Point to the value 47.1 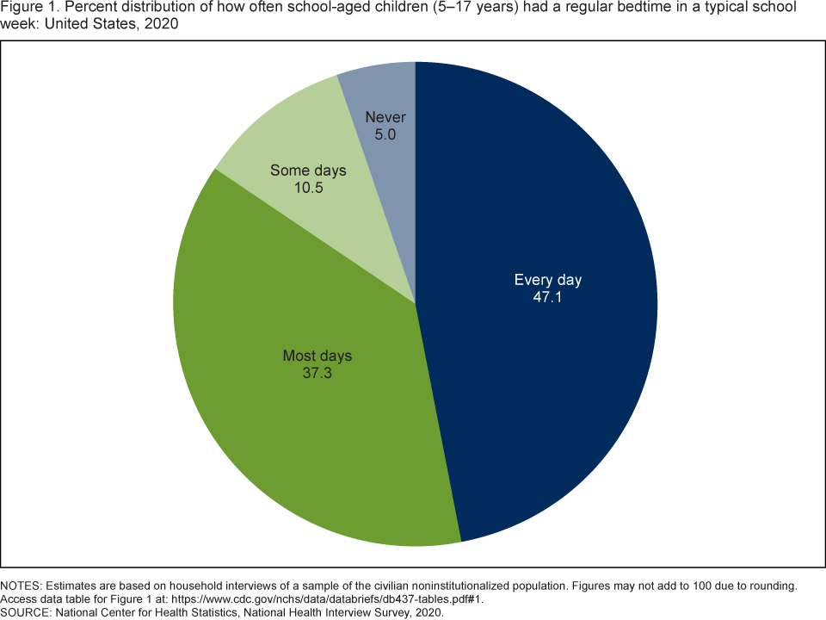point(547,297)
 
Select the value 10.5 point(308,187)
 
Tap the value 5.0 point(385,134)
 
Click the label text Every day point(547,280)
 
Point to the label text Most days point(317,356)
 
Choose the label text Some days point(308,170)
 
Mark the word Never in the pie point(385,117)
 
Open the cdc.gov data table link point(335,599)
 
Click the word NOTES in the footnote point(22,586)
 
